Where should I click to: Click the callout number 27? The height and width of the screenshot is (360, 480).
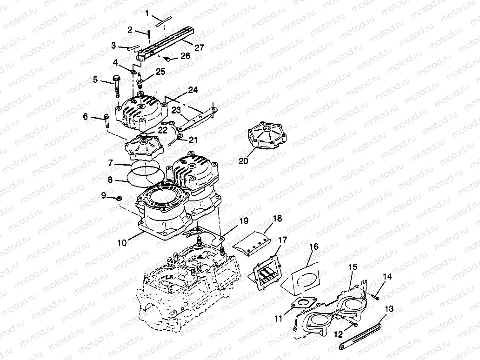click(x=187, y=47)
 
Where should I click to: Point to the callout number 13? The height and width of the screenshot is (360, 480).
click(x=389, y=308)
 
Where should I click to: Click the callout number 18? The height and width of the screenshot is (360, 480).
click(x=277, y=218)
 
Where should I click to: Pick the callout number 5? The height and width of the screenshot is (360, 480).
click(x=95, y=80)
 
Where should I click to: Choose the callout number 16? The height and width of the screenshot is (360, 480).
click(x=314, y=247)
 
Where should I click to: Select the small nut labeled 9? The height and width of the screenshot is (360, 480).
click(x=119, y=199)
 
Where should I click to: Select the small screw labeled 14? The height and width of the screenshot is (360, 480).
click(x=375, y=293)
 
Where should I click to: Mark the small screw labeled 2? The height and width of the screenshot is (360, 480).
click(x=148, y=35)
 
